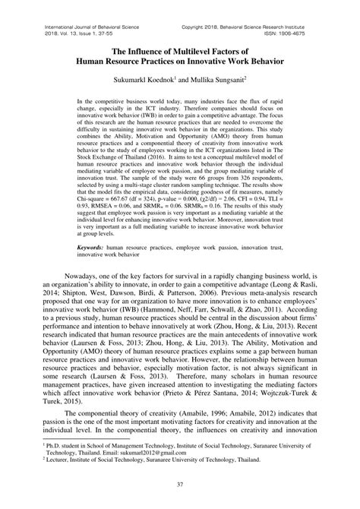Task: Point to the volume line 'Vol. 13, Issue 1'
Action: click(62, 14)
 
